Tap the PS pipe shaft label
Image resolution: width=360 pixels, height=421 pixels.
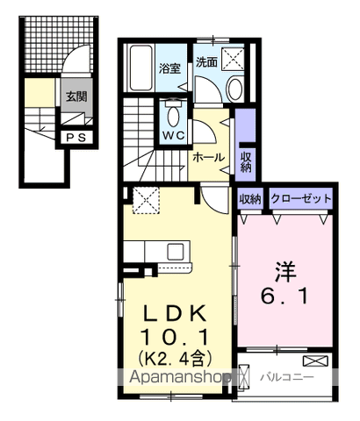tap(74, 138)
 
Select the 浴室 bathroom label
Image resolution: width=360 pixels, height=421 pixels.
tap(169, 68)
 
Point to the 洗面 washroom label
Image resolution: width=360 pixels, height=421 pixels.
tap(206, 62)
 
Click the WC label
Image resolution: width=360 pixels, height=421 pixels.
tap(171, 136)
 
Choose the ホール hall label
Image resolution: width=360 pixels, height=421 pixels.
tap(208, 159)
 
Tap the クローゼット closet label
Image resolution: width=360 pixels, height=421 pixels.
tap(301, 199)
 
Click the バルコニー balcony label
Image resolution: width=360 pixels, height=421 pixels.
tap(281, 378)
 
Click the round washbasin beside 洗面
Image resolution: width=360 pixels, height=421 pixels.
tap(234, 88)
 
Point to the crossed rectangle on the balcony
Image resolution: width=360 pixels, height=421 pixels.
tap(313, 361)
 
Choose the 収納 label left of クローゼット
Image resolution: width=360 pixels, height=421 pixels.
tap(250, 199)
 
